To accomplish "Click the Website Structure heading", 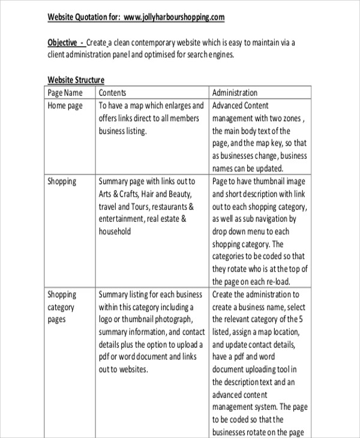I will [76, 80].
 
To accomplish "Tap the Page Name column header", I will [65, 93].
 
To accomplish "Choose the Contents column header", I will [112, 93].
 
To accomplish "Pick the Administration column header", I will [235, 93].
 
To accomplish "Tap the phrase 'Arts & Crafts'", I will [118, 194].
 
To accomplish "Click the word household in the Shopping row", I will [114, 232].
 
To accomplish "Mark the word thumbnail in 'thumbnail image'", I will [269, 181].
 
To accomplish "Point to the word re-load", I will [278, 282].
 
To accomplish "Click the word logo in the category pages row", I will [106, 320].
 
